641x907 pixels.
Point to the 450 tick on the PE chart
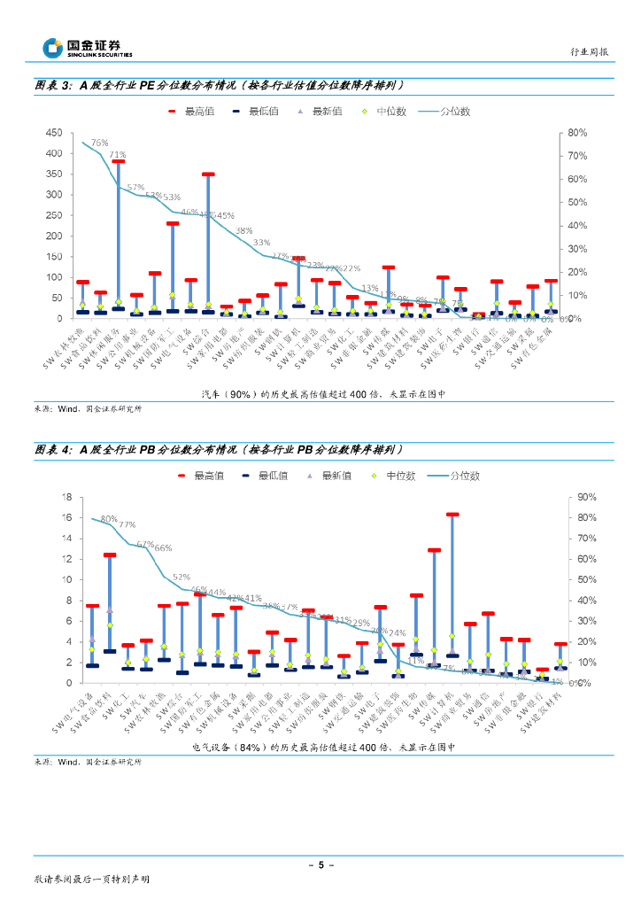tap(54, 133)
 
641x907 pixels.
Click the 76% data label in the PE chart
tap(99, 143)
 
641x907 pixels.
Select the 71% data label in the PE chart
tap(117, 155)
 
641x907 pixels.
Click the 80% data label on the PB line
tap(109, 519)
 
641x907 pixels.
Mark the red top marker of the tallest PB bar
tap(452, 514)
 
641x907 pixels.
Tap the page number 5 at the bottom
tap(320, 864)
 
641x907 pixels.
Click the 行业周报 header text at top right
tap(588, 52)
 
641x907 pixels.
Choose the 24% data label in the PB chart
tap(397, 633)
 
